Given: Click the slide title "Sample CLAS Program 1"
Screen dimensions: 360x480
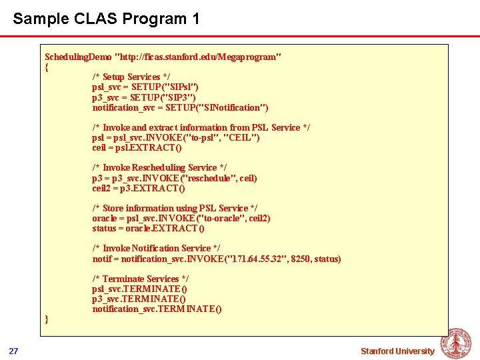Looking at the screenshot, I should click(x=106, y=19).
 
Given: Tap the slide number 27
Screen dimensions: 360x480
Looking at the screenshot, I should click(x=13, y=351).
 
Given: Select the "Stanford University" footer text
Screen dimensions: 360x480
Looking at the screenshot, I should click(x=397, y=351).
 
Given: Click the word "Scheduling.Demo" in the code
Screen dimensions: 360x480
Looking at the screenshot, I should click(x=78, y=57).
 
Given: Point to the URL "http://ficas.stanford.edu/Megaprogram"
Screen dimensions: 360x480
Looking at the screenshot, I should click(x=199, y=57).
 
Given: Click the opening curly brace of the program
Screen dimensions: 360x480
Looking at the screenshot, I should click(x=47, y=67).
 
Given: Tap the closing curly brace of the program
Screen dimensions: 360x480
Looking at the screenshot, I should click(x=47, y=319).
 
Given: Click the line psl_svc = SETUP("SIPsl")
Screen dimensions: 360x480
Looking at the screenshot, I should click(x=145, y=87).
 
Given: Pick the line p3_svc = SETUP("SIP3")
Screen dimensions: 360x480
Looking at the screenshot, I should click(x=144, y=97).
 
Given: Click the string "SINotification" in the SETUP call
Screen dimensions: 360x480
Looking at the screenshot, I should click(x=229, y=107).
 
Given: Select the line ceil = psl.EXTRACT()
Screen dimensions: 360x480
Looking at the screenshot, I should click(x=137, y=148).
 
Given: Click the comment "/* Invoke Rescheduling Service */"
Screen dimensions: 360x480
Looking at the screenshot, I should click(x=159, y=168).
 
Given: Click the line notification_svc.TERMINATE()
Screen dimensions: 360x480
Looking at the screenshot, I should click(x=157, y=309).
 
